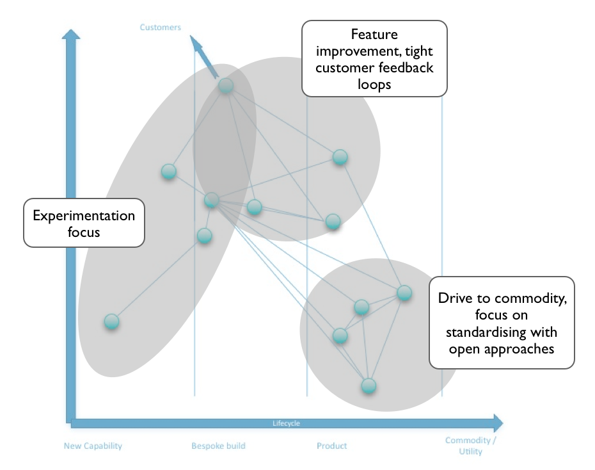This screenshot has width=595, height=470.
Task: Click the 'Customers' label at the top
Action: tap(160, 28)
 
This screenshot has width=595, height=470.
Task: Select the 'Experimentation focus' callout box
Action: tap(84, 223)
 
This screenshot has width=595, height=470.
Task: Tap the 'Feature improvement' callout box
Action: tap(374, 58)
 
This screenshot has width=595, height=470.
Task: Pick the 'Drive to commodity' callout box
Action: tap(502, 323)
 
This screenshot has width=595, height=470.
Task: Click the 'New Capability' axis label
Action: tap(93, 446)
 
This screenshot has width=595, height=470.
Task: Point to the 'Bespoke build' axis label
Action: tap(218, 446)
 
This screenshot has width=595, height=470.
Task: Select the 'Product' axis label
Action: tap(331, 446)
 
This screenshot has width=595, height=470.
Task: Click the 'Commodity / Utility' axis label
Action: tap(470, 446)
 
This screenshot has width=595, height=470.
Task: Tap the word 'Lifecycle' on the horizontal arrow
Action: tap(286, 423)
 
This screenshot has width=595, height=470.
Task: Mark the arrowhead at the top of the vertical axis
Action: tap(71, 34)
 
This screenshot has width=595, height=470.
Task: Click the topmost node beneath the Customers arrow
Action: tap(226, 86)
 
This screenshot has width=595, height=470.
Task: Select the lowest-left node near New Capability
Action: tap(111, 321)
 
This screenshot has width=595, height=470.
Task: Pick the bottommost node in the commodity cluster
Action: tap(369, 385)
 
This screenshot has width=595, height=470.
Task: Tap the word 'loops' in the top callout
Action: tap(374, 85)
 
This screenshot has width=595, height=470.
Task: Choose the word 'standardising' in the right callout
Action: tap(502, 332)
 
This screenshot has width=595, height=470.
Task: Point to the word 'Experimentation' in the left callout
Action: tap(84, 216)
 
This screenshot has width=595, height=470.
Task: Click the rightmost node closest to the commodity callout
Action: tap(404, 293)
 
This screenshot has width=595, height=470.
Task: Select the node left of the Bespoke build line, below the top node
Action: tap(168, 172)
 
